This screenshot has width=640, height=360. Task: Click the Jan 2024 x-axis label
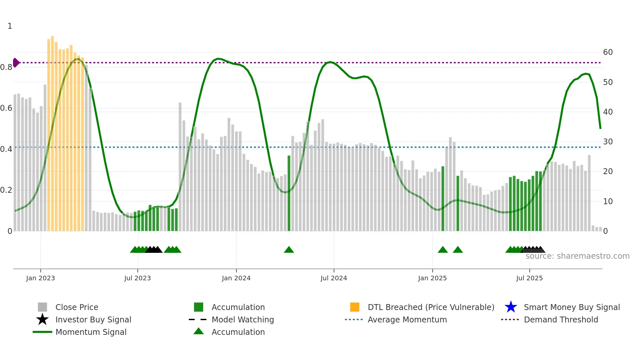coord(236,278)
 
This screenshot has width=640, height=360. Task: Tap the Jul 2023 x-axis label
coord(137,278)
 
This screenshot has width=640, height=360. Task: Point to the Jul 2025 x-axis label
coord(529,278)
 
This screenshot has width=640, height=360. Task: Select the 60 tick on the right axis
coord(608,52)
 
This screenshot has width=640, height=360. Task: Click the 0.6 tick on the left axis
coord(6,108)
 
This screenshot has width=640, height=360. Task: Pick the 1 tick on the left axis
coord(10,26)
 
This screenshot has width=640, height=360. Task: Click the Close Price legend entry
coord(77,307)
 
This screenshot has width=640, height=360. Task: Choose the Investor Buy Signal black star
coord(42,319)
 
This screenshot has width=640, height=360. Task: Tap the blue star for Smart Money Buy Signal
coord(511,307)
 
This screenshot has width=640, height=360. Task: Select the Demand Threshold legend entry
coord(561,319)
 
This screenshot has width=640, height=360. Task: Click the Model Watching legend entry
coord(242,319)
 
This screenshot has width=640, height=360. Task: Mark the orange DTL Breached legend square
coord(355,307)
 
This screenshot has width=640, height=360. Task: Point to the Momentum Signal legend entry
coord(91,332)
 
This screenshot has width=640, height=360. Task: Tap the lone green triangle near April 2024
coord(289,250)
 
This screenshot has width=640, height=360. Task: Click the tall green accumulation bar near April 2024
coord(289,193)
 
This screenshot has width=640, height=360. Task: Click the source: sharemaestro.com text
coord(577,256)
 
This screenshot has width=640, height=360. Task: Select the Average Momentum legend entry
coord(407,319)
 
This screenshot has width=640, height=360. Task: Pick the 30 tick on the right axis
coord(608,142)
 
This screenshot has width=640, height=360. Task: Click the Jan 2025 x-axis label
coord(432,278)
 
